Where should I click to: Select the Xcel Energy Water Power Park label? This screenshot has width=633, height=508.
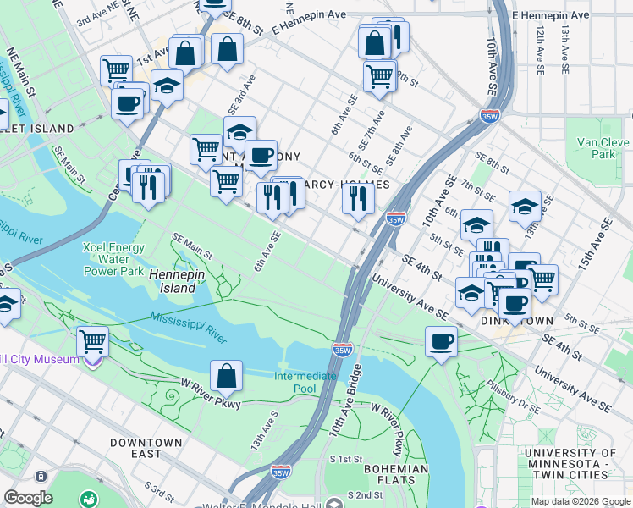[x=113, y=259]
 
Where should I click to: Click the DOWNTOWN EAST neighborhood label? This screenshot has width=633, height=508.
[x=146, y=448]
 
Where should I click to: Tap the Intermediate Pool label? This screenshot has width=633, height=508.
[x=305, y=382]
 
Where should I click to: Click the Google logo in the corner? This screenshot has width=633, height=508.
[x=29, y=498]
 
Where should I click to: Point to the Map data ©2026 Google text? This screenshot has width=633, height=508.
[x=580, y=501]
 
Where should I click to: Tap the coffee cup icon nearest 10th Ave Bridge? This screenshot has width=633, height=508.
[x=440, y=342]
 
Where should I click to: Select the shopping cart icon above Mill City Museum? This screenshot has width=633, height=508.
[x=92, y=342]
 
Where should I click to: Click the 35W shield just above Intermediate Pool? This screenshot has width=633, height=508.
[x=342, y=349]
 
